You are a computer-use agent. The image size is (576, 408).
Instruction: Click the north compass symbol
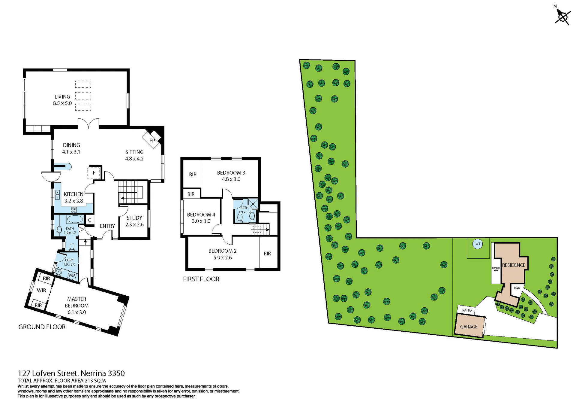pyautogui.click(x=562, y=17)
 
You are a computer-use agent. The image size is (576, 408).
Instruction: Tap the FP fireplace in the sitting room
pyautogui.click(x=152, y=140)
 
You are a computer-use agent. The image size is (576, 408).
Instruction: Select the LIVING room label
pyautogui.click(x=62, y=97)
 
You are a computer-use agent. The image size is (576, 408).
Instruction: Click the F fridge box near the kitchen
pyautogui.click(x=94, y=173)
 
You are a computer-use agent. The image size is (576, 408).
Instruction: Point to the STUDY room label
pyautogui.click(x=134, y=218)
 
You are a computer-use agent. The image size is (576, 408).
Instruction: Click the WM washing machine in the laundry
pyautogui.click(x=72, y=275)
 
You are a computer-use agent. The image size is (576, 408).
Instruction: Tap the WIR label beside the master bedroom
pyautogui.click(x=41, y=290)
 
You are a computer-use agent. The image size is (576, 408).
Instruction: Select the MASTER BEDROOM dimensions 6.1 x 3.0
pyautogui.click(x=77, y=312)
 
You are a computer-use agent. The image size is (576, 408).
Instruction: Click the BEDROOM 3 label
pyautogui.click(x=231, y=173)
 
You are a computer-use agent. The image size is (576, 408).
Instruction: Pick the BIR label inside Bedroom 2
pyautogui.click(x=267, y=254)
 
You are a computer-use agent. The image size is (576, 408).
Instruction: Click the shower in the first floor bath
pyautogui.click(x=253, y=204)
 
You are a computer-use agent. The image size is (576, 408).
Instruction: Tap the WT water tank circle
pyautogui.click(x=478, y=244)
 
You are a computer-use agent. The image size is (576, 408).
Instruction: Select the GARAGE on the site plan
pyautogui.click(x=469, y=327)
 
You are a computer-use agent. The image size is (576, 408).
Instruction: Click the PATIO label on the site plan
pyautogui.click(x=467, y=310)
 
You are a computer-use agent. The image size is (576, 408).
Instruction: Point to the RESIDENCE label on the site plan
pyautogui.click(x=514, y=265)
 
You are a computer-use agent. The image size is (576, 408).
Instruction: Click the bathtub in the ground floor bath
pyautogui.click(x=75, y=219)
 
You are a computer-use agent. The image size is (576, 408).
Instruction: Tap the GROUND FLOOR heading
pyautogui.click(x=42, y=327)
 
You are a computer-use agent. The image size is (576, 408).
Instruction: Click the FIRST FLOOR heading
pyautogui.click(x=201, y=279)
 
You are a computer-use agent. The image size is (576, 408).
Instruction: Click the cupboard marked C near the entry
pyautogui.click(x=89, y=220)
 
